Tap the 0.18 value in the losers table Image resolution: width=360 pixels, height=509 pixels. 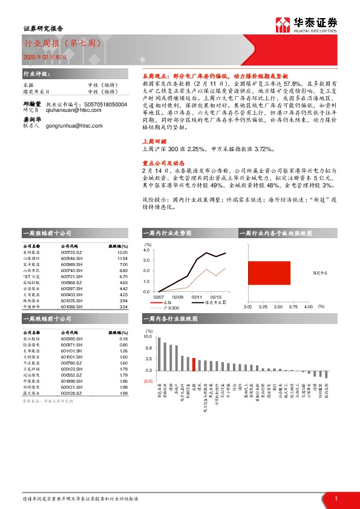coord(125,339)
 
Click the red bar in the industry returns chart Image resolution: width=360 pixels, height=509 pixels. coord(194,364)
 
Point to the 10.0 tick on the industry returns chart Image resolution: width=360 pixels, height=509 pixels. coord(147,337)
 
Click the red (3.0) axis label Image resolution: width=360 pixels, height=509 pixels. coord(148,381)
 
